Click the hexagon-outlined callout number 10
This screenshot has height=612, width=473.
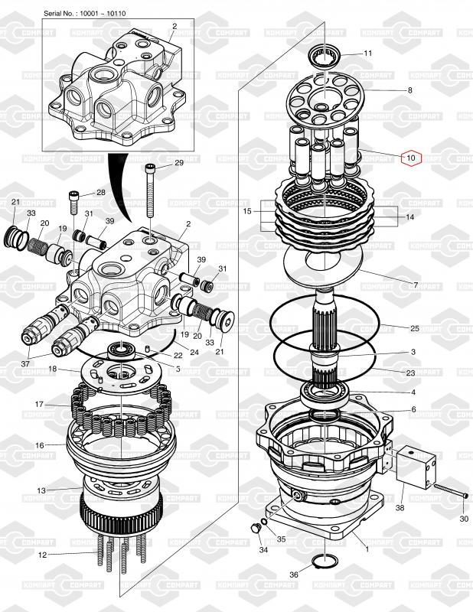411,158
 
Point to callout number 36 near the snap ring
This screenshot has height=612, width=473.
295,575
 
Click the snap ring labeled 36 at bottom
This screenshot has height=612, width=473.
328,566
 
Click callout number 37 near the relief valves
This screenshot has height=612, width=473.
25,363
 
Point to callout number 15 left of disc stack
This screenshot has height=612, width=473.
246,210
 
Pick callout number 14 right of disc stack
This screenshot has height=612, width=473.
409,217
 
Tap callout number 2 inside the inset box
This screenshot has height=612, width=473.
174,26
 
